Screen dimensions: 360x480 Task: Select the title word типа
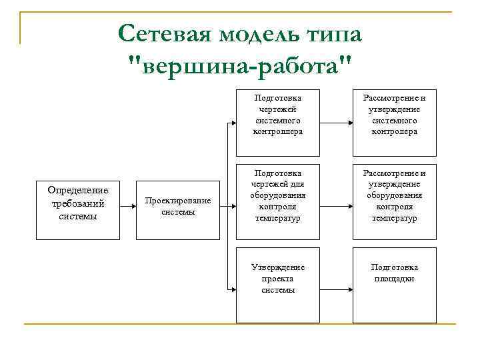click(x=337, y=33)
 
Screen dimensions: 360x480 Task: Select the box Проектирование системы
click(x=178, y=206)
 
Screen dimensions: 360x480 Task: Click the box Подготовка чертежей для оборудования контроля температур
click(x=278, y=200)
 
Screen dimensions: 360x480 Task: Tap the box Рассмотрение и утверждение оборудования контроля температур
click(x=394, y=200)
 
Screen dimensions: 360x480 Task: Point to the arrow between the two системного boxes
click(x=337, y=123)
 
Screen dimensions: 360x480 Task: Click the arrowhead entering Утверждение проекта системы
click(x=233, y=289)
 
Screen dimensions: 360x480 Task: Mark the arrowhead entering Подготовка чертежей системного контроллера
click(x=233, y=123)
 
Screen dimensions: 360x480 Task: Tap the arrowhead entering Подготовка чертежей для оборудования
click(x=233, y=206)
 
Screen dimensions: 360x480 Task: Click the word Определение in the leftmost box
click(x=78, y=191)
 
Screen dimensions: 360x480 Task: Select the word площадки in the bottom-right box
click(x=394, y=279)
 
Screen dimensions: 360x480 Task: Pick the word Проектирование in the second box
click(x=178, y=201)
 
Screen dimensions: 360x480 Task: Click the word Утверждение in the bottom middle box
click(x=278, y=267)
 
